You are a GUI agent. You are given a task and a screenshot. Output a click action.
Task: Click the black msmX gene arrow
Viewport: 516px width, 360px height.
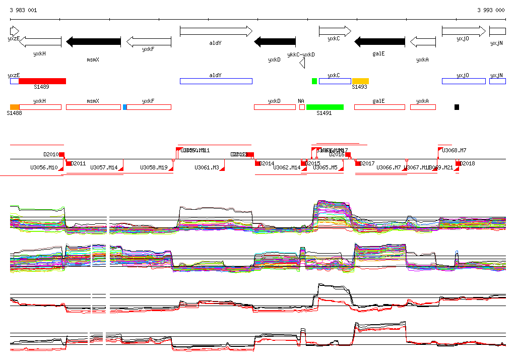click(94, 42)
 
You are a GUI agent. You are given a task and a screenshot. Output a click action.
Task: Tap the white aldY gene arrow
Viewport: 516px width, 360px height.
click(216, 31)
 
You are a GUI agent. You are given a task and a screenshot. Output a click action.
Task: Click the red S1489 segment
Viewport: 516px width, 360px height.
click(42, 81)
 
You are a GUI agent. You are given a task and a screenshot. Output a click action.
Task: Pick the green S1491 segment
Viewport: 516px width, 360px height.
click(325, 107)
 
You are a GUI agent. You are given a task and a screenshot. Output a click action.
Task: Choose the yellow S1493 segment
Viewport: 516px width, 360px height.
click(360, 81)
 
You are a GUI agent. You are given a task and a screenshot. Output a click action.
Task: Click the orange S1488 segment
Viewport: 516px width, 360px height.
click(15, 107)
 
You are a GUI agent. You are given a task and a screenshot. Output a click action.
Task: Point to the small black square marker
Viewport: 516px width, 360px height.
click(457, 107)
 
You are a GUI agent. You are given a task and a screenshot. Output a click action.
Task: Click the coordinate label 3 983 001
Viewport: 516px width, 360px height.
click(23, 10)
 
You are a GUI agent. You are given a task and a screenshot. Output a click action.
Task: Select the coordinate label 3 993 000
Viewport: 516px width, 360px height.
click(491, 10)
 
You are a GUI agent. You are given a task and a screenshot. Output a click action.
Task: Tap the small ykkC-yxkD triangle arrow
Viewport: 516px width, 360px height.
click(302, 63)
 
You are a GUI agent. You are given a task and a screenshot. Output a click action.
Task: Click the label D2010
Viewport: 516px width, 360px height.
click(51, 154)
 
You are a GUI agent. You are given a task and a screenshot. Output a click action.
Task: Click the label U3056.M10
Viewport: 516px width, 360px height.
click(44, 167)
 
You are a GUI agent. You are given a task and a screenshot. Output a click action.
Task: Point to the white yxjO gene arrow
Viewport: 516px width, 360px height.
click(464, 31)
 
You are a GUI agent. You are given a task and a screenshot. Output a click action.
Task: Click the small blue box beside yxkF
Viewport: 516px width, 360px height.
click(125, 107)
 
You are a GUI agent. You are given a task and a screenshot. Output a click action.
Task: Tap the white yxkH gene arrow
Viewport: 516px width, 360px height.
click(40, 42)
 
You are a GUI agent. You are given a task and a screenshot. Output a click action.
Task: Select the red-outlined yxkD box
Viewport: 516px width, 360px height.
click(274, 107)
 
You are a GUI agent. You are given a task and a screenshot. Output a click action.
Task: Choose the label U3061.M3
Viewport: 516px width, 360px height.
click(207, 167)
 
